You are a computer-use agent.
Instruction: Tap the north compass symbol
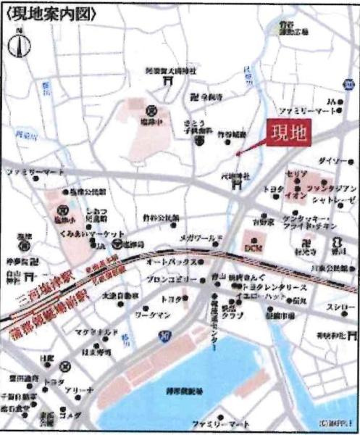click(x=19, y=45)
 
